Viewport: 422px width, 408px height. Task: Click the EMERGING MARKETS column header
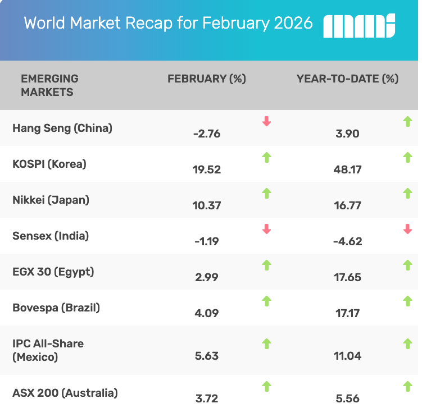(49, 85)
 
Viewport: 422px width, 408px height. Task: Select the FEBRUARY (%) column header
(207, 79)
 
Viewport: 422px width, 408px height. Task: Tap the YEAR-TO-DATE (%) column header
(347, 79)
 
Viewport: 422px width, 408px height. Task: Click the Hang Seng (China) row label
(62, 128)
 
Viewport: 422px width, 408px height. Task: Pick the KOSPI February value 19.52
(206, 169)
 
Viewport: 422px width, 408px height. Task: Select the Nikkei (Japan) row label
(51, 200)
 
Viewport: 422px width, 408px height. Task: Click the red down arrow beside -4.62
(407, 229)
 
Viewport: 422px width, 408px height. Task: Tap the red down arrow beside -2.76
(267, 121)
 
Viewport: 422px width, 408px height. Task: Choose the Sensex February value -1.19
(206, 241)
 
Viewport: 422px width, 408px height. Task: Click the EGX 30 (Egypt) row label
(53, 272)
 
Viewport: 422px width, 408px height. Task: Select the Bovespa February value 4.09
(206, 313)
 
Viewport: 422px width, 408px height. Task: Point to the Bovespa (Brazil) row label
(56, 308)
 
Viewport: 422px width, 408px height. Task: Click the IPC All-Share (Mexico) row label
(48, 350)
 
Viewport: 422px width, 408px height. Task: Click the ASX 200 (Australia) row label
(65, 392)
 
